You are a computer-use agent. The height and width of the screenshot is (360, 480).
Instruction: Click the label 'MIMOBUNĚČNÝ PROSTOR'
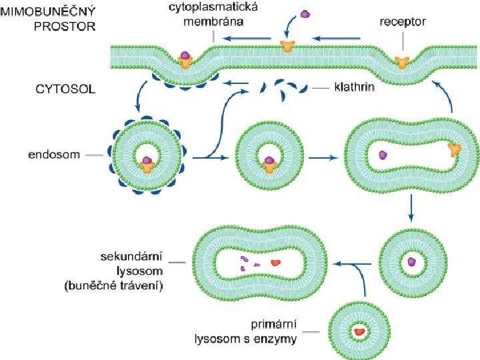pyautogui.click(x=56, y=19)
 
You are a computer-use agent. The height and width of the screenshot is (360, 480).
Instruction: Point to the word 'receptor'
pyautogui.click(x=402, y=22)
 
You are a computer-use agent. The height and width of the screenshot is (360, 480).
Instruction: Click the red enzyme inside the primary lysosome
pyautogui.click(x=361, y=330)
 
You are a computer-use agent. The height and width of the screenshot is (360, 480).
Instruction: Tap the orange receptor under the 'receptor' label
pyautogui.click(x=401, y=62)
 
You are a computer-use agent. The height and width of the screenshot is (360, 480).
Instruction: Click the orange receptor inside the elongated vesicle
pyautogui.click(x=455, y=151)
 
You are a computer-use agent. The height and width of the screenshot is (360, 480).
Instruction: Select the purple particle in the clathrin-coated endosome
pyautogui.click(x=146, y=160)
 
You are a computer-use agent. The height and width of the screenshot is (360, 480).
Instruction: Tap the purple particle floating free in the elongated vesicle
pyautogui.click(x=383, y=155)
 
